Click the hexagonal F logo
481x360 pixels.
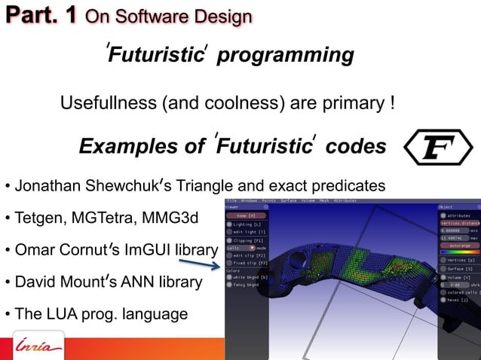click(438, 148)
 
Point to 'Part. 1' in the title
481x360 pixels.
click(40, 15)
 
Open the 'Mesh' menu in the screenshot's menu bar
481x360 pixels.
click(324, 201)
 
